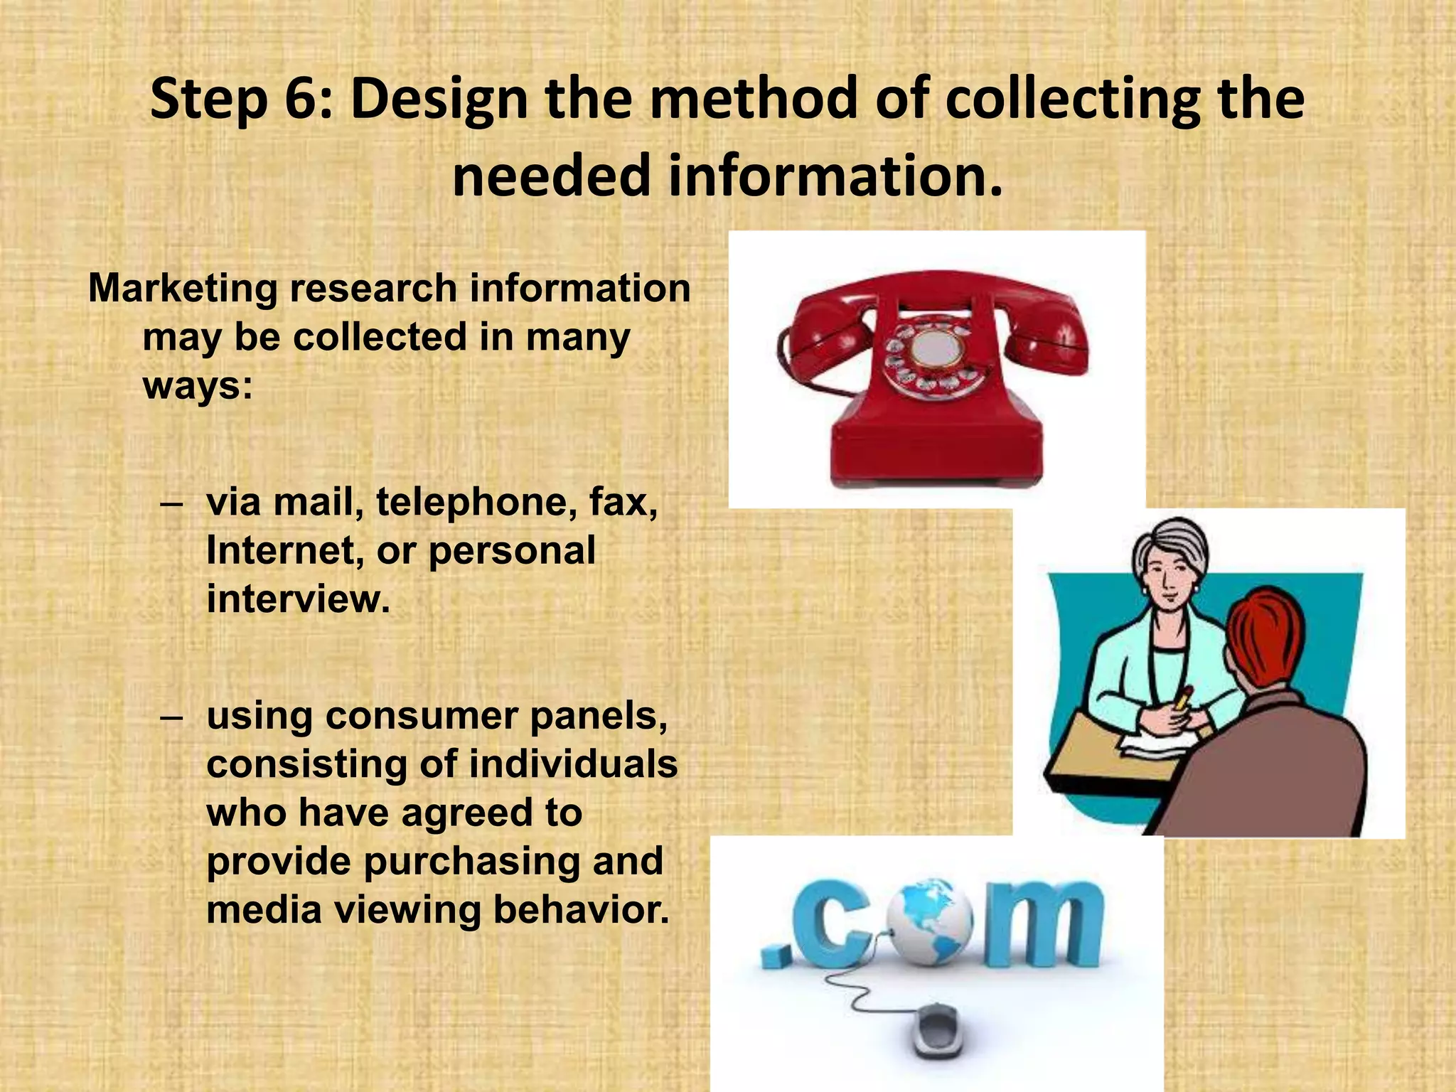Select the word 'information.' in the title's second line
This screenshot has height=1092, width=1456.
835,176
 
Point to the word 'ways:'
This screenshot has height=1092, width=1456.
198,386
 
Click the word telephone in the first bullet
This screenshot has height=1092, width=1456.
476,502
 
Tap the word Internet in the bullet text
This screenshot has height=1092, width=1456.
279,550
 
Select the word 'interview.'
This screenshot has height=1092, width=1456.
299,599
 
